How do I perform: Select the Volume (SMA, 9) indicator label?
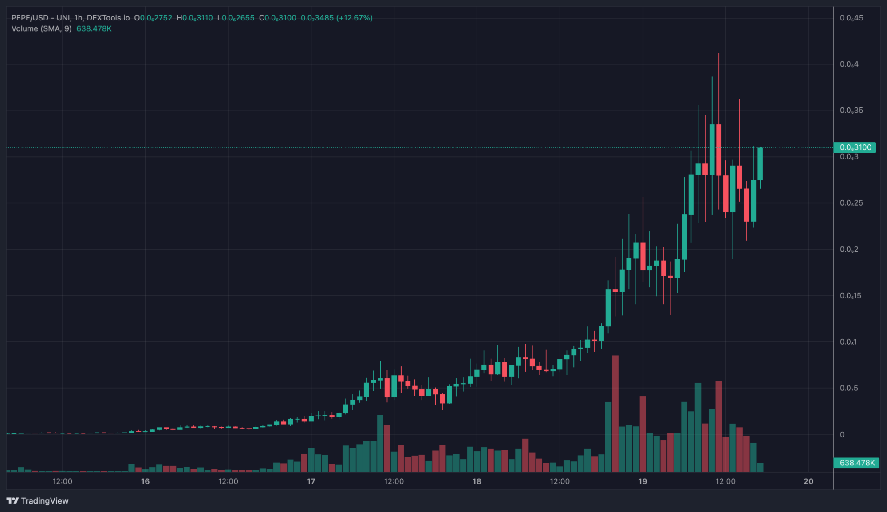tap(41, 28)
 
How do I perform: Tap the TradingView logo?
tap(38, 501)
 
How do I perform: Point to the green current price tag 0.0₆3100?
tap(855, 147)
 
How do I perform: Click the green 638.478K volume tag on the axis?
tap(856, 463)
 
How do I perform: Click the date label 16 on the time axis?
tap(145, 481)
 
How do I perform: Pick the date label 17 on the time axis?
tap(311, 481)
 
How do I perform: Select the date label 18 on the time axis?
tap(477, 481)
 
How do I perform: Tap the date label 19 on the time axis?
tap(643, 481)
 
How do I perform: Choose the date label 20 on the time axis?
tap(808, 481)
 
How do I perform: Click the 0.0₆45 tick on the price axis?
tap(852, 18)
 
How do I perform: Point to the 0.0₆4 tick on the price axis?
tap(849, 64)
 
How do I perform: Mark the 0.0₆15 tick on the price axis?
tap(851, 295)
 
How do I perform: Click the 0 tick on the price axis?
tap(842, 434)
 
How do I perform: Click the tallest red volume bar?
tap(615, 413)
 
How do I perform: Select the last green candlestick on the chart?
tap(760, 163)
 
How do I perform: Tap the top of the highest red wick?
tap(719, 53)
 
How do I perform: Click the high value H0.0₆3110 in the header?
tap(195, 18)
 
